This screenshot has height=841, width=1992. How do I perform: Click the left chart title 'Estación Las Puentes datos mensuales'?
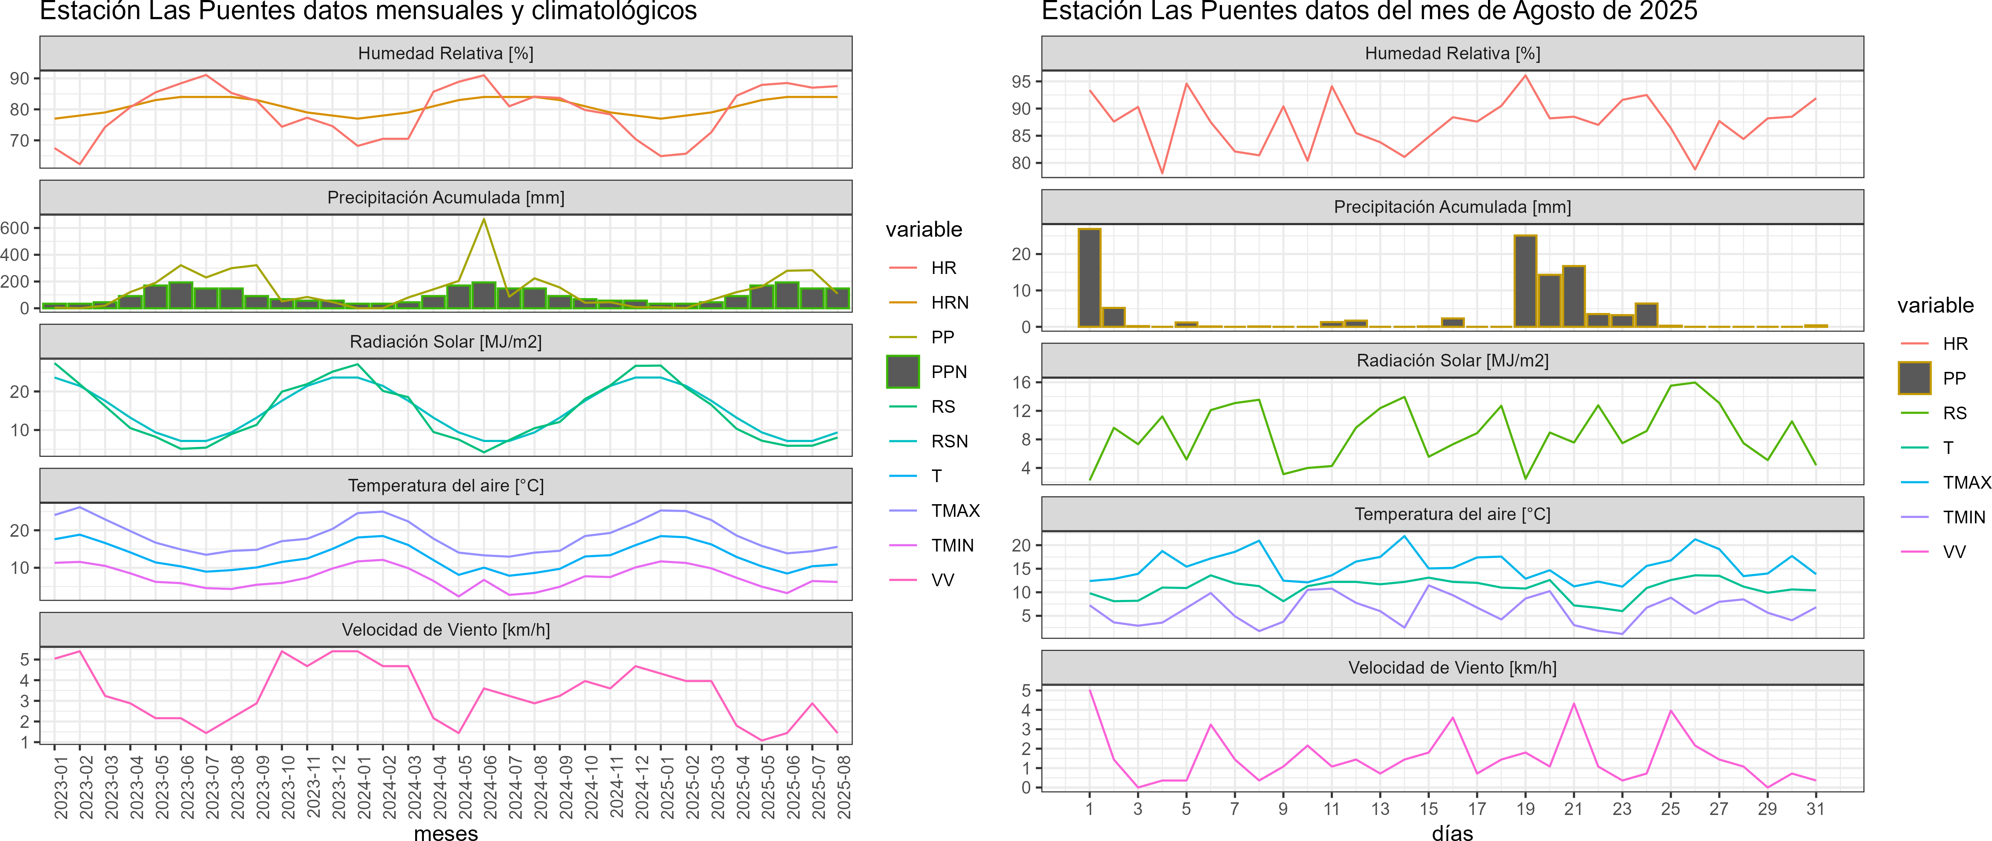click(x=368, y=12)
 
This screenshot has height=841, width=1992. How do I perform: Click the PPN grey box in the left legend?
click(x=903, y=372)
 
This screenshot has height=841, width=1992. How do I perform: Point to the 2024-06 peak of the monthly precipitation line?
click(x=484, y=220)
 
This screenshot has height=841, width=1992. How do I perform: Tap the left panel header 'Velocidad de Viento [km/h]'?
click(x=446, y=630)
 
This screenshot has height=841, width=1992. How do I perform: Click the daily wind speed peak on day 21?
click(x=1574, y=704)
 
